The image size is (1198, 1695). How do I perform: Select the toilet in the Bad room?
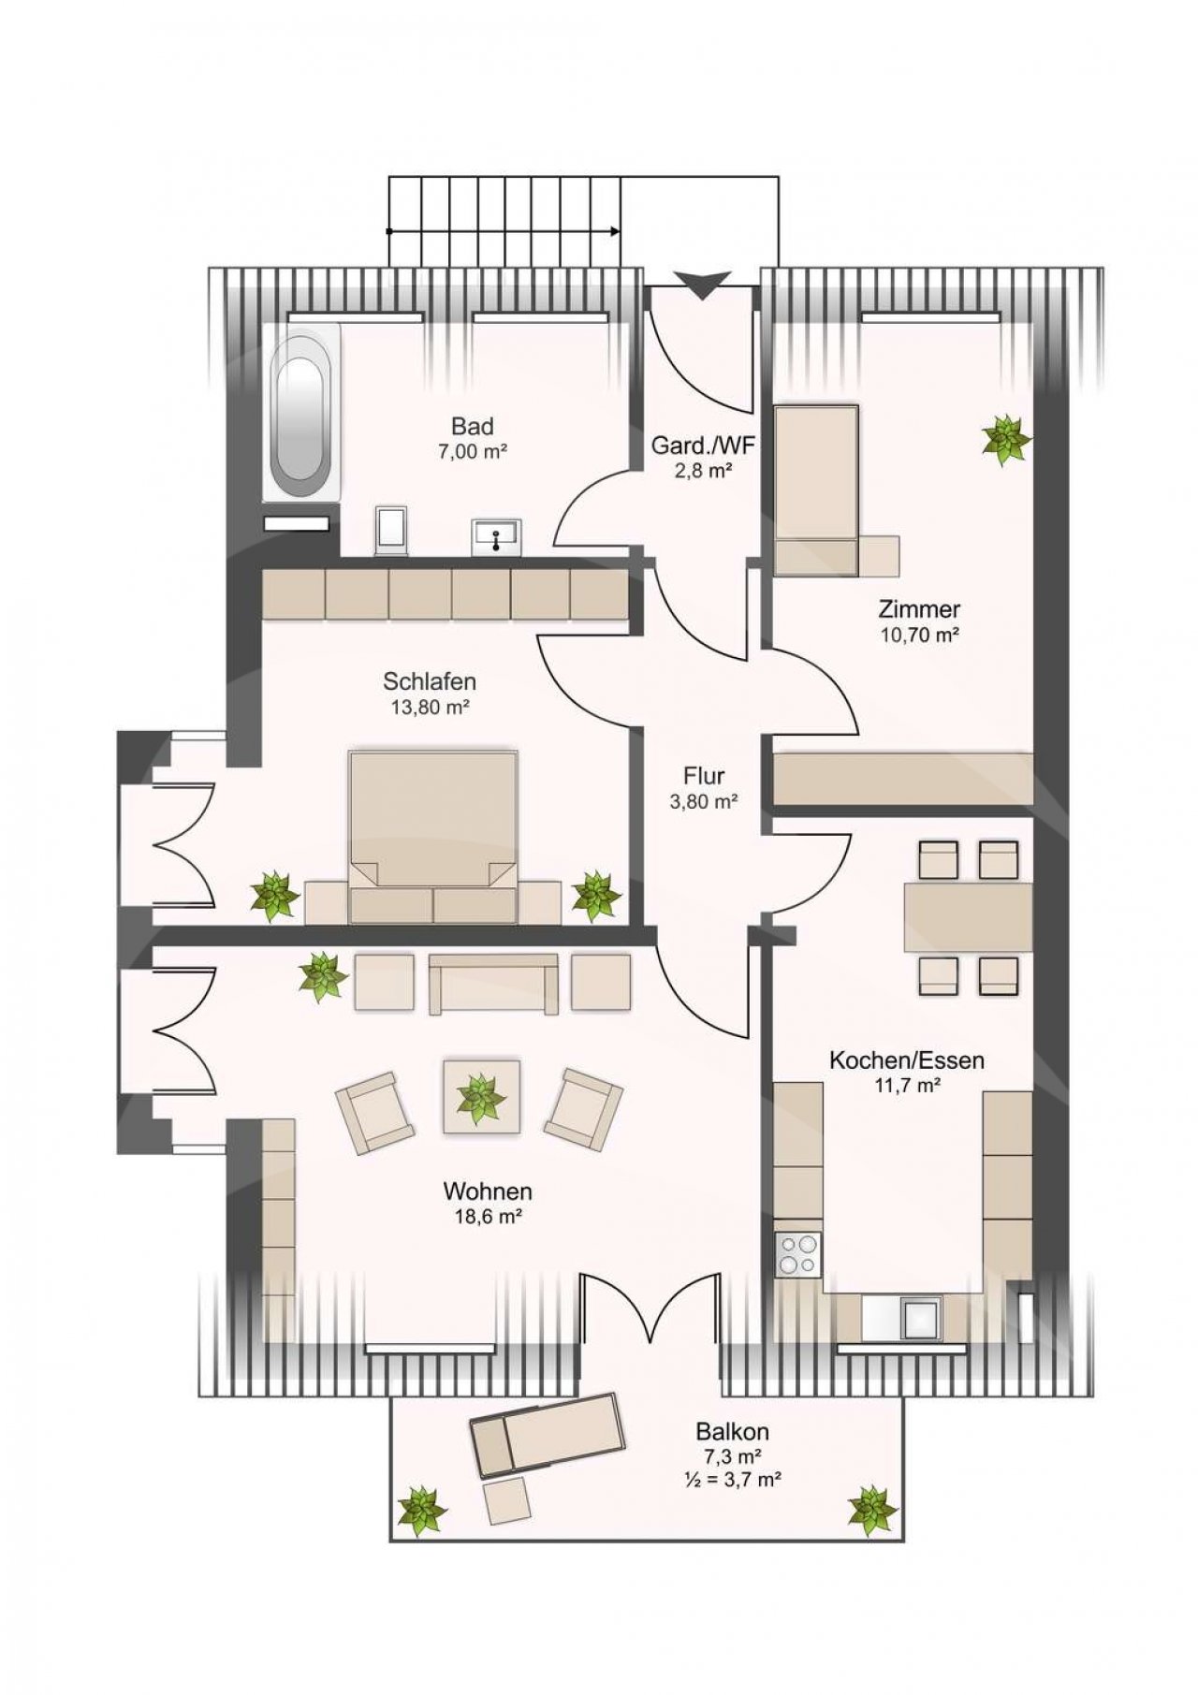tap(391, 531)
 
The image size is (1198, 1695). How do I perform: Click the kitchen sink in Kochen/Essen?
tap(920, 1319)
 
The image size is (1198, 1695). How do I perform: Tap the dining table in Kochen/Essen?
tap(968, 917)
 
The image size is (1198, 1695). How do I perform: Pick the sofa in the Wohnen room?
tap(493, 984)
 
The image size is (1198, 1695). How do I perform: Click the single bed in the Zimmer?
tap(817, 490)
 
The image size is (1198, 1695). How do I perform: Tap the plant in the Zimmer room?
tap(1007, 439)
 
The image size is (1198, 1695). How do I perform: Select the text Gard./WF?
tap(703, 446)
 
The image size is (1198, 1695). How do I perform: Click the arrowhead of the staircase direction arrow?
tap(613, 230)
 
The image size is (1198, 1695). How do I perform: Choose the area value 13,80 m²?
tap(430, 708)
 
